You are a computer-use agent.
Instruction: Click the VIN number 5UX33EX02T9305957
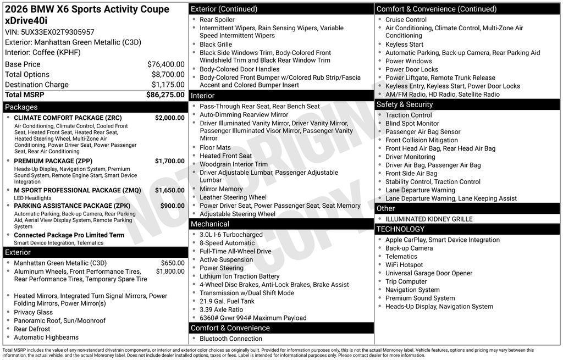57,32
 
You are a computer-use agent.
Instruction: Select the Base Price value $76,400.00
165,64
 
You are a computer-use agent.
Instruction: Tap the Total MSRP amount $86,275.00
165,95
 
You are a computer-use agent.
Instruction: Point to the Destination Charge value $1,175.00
168,85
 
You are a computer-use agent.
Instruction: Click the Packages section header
21,107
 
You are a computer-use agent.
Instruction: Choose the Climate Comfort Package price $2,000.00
169,118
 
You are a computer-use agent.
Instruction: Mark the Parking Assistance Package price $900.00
172,206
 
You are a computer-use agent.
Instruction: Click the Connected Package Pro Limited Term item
69,235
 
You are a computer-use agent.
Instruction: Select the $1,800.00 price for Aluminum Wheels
170,271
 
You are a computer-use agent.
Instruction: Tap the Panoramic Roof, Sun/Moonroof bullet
59,320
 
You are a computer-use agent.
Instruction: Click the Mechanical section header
210,224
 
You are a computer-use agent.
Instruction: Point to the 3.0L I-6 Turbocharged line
231,235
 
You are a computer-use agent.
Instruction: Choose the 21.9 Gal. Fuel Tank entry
227,301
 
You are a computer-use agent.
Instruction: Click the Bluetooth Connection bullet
230,339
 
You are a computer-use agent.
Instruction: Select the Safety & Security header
404,104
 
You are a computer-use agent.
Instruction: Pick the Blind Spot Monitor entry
412,124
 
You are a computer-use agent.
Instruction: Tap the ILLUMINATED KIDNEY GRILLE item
429,219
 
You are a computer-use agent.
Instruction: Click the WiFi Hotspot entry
404,265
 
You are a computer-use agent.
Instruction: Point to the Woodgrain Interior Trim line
234,164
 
